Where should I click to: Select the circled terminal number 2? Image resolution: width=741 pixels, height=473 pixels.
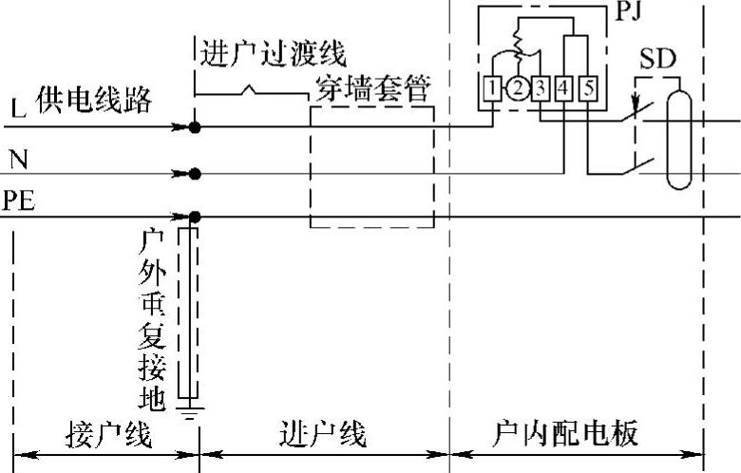pyautogui.click(x=516, y=88)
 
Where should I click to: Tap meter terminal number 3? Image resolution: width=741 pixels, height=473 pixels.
pyautogui.click(x=540, y=88)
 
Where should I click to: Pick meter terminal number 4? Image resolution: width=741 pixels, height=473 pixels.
pyautogui.click(x=564, y=88)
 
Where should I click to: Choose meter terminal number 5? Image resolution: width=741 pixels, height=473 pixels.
pyautogui.click(x=588, y=88)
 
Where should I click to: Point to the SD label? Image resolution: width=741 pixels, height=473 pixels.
pyautogui.click(x=657, y=59)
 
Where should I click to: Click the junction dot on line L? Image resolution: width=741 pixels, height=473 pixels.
pyautogui.click(x=195, y=125)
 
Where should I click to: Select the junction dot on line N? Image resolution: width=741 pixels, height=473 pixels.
pyautogui.click(x=195, y=174)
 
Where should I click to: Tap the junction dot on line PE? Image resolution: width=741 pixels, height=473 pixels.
pyautogui.click(x=195, y=217)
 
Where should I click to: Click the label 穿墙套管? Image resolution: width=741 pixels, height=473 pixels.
pyautogui.click(x=374, y=92)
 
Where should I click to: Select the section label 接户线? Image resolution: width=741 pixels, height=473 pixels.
pyautogui.click(x=107, y=434)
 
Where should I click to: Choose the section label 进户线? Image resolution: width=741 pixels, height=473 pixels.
pyautogui.click(x=324, y=434)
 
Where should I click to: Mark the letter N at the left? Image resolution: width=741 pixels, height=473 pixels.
pyautogui.click(x=18, y=159)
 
